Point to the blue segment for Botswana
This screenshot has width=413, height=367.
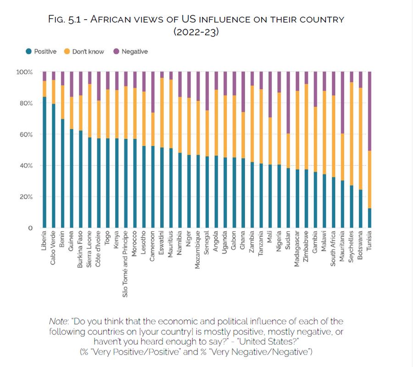pyautogui.click(x=361, y=208)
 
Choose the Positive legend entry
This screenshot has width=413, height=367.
pyautogui.click(x=41, y=51)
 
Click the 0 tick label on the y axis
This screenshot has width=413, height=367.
pyautogui.click(x=30, y=228)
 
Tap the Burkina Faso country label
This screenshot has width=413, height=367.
pyautogui.click(x=81, y=250)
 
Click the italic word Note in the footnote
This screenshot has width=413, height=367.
pyautogui.click(x=58, y=321)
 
